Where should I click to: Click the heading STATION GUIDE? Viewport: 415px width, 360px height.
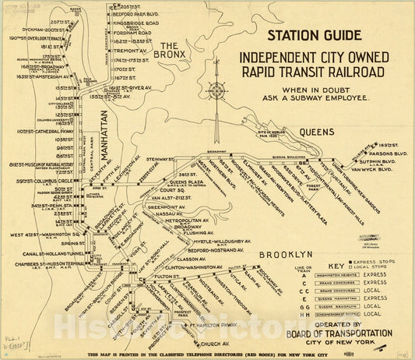[314, 35]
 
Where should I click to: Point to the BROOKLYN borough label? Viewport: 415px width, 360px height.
[290, 255]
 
